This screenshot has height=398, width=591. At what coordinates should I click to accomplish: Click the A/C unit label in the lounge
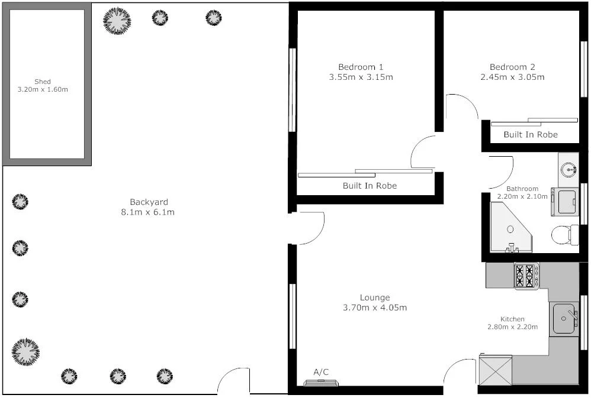pyautogui.click(x=321, y=372)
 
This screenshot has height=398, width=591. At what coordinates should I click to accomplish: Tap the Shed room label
pyautogui.click(x=43, y=82)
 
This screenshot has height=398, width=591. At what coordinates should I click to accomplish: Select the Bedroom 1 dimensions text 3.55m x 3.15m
pyautogui.click(x=361, y=77)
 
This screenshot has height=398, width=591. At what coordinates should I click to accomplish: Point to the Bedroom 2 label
pyautogui.click(x=512, y=67)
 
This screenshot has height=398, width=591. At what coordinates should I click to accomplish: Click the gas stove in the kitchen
pyautogui.click(x=526, y=276)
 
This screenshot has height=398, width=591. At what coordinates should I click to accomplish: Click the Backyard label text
pyautogui.click(x=149, y=202)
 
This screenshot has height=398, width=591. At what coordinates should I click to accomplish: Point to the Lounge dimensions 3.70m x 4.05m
pyautogui.click(x=375, y=308)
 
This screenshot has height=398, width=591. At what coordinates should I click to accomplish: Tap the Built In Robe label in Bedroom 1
pyautogui.click(x=370, y=186)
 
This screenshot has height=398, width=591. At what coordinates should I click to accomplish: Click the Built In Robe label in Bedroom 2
pyautogui.click(x=531, y=135)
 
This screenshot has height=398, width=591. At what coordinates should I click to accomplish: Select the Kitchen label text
pyautogui.click(x=512, y=319)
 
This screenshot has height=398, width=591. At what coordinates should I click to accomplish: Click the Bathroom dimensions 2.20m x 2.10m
pyautogui.click(x=522, y=196)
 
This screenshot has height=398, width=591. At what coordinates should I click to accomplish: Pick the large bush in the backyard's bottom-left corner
pyautogui.click(x=25, y=351)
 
